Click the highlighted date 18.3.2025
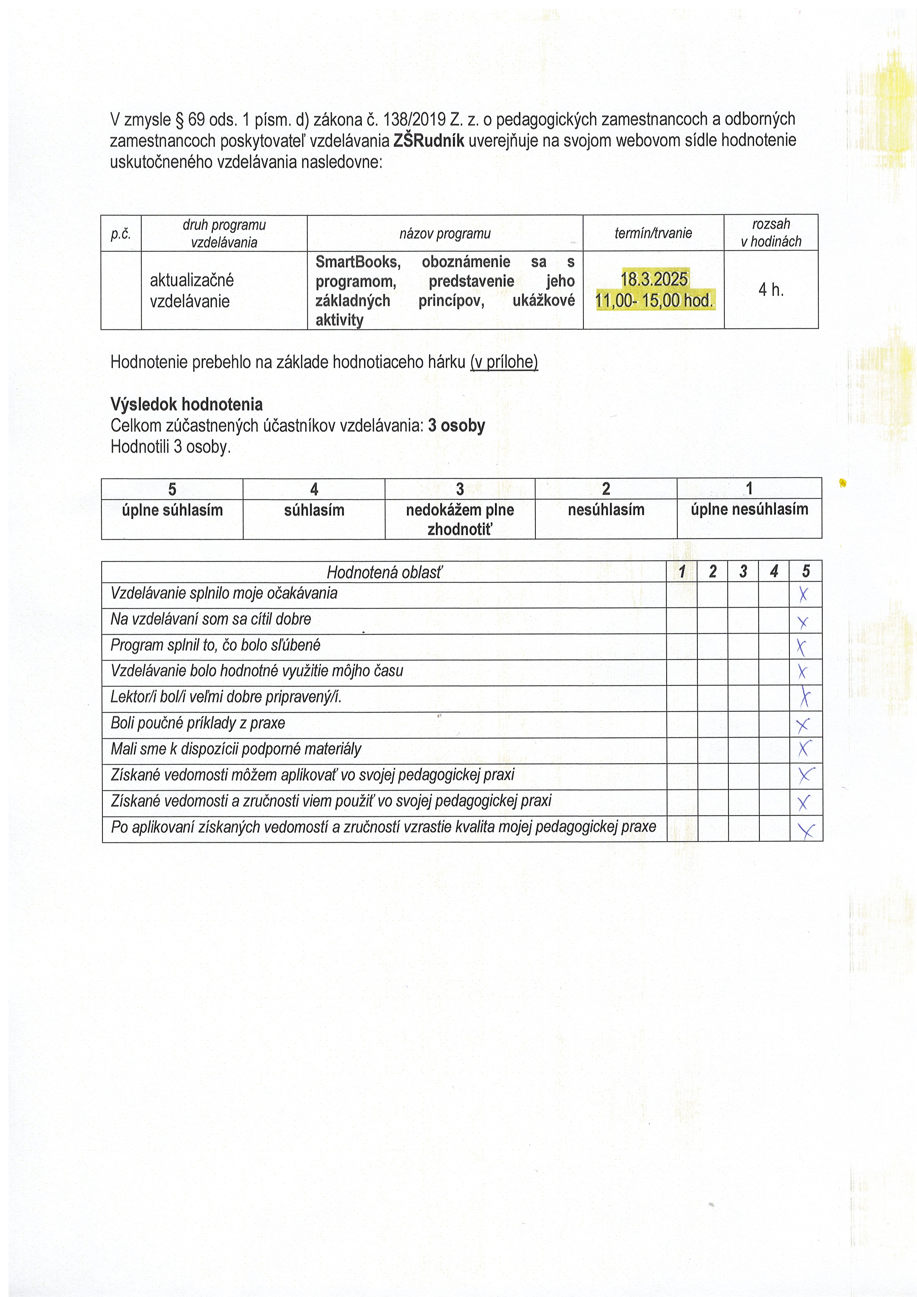[x=654, y=279]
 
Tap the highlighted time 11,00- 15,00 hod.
[x=654, y=301]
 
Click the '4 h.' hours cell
[x=771, y=290]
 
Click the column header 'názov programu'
[x=445, y=233]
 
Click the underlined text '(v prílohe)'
[x=504, y=362]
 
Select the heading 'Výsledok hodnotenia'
[x=186, y=404]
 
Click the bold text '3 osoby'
[x=457, y=425]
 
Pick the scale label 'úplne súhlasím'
[x=172, y=510]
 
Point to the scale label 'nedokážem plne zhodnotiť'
[x=460, y=519]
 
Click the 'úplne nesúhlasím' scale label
[x=749, y=509]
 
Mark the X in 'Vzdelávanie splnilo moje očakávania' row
[x=803, y=594]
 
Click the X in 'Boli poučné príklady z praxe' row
[x=803, y=725]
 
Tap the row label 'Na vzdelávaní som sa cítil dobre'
[x=211, y=619]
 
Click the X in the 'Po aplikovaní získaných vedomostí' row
[x=806, y=830]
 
